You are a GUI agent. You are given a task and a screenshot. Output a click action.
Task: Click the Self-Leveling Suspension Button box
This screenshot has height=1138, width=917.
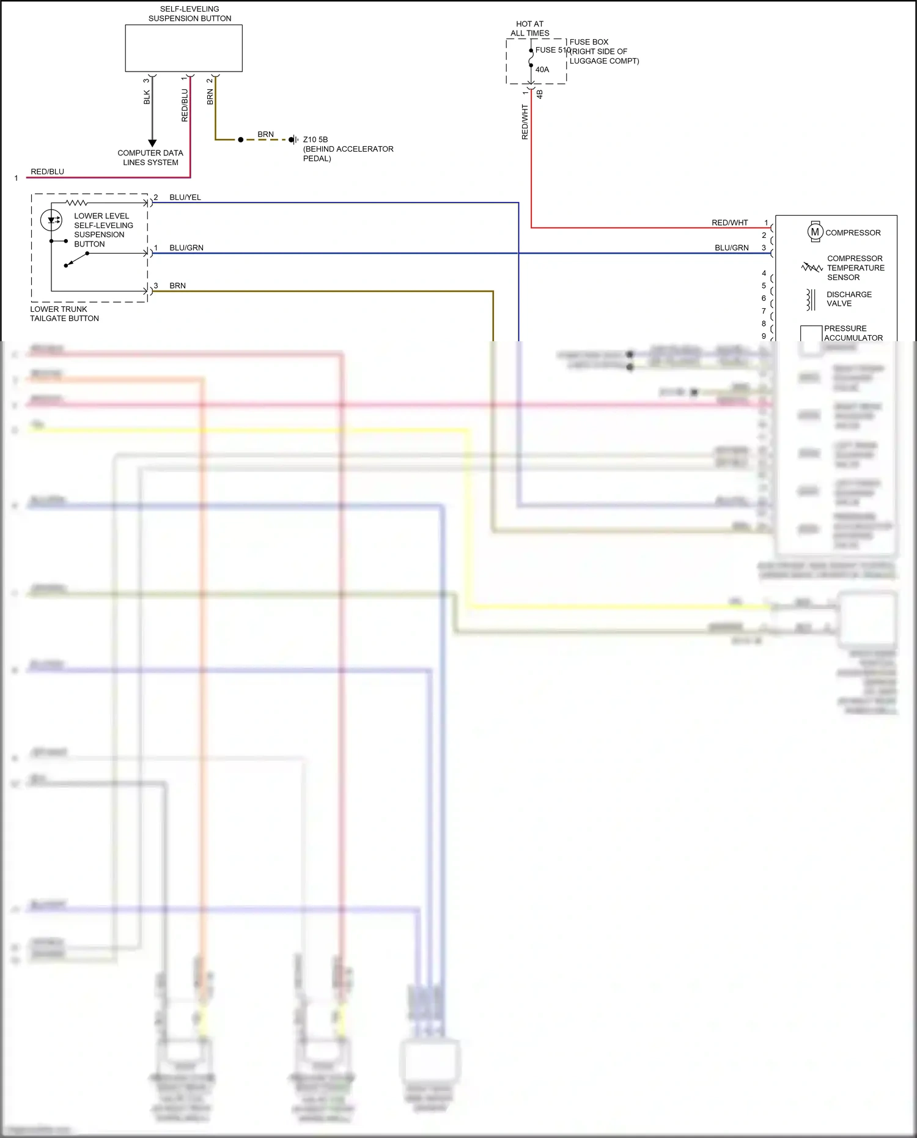183,48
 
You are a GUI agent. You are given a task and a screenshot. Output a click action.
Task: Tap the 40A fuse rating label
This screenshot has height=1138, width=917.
542,70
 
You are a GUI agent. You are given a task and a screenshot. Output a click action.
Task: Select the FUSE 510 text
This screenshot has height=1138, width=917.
552,50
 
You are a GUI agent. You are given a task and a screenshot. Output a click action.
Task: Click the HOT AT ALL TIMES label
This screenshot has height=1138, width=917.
530,29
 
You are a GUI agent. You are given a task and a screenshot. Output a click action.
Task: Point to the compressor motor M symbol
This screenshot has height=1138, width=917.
815,232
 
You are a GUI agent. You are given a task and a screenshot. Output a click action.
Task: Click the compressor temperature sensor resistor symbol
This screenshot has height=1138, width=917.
812,267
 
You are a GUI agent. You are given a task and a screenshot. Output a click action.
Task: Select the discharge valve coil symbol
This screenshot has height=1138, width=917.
811,300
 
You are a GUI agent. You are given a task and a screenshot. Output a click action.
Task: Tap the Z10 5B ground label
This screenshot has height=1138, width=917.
315,139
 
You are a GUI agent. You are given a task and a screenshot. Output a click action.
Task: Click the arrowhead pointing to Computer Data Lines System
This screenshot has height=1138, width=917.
152,143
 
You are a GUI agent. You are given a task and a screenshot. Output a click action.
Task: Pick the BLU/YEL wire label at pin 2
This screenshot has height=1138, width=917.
185,198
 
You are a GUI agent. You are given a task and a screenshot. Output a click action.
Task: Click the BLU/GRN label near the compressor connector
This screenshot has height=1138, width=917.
731,248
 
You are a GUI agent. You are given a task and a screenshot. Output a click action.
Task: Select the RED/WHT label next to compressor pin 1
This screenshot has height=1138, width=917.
729,223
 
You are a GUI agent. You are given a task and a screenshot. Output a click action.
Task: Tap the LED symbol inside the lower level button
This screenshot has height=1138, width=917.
51,220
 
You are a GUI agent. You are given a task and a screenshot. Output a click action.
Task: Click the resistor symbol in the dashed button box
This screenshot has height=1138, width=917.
76,202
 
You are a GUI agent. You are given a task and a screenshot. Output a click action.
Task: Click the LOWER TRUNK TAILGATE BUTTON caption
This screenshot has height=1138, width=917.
64,314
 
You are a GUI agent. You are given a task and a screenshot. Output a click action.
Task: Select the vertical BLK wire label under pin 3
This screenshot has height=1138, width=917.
147,97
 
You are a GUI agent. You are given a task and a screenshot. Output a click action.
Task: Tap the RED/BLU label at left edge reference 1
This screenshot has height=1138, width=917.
47,172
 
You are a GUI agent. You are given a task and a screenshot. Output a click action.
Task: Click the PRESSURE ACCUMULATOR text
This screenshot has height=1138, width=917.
853,333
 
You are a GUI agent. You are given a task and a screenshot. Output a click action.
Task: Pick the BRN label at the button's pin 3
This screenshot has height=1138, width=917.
177,286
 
